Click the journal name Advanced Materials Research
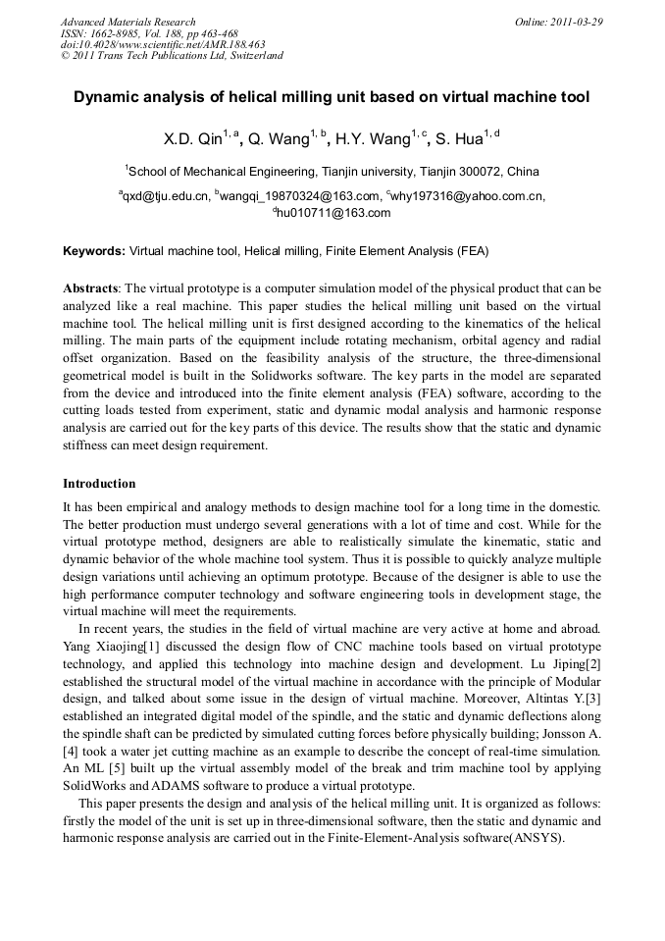tap(128, 22)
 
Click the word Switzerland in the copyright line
tap(254, 56)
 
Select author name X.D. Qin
tap(194, 139)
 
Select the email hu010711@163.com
tap(333, 213)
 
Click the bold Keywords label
tap(93, 251)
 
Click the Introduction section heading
tap(99, 484)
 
